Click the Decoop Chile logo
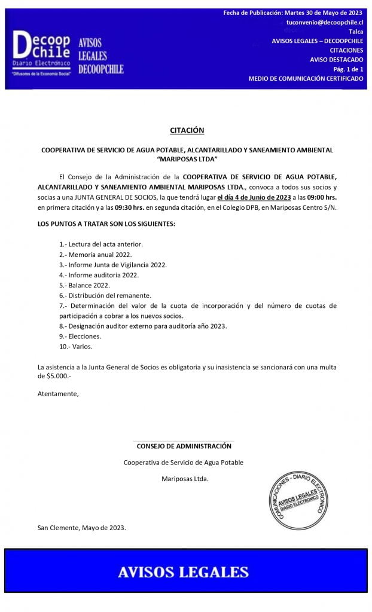[x=42, y=53]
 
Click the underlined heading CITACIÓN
[x=187, y=130]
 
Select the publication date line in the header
[x=293, y=13]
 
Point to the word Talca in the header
[x=355, y=31]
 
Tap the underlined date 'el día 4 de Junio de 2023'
[x=254, y=197]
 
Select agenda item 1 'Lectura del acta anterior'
[x=101, y=244]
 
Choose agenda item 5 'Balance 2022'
[x=84, y=285]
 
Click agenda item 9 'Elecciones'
[x=80, y=336]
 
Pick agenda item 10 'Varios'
[x=76, y=347]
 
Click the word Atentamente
[x=58, y=394]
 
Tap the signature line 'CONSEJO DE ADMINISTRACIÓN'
[x=184, y=446]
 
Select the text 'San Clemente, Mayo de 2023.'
[x=82, y=528]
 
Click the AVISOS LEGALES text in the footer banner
[x=183, y=572]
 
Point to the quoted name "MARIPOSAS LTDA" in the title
[x=187, y=159]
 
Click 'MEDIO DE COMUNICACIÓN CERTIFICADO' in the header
[x=306, y=79]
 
